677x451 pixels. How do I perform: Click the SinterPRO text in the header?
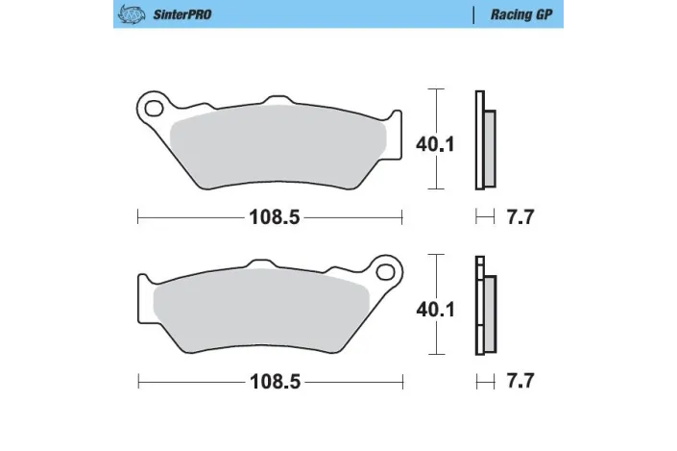click(181, 15)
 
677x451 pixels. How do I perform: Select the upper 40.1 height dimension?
click(435, 144)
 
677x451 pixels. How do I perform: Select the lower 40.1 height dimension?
click(435, 309)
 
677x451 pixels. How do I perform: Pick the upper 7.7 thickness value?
click(520, 217)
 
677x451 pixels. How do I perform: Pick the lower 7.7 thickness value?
click(520, 382)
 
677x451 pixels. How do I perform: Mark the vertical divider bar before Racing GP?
click(474, 15)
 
